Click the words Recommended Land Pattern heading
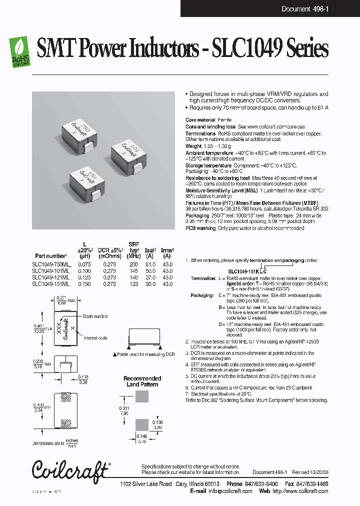[142, 381]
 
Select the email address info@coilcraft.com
[226, 491]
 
